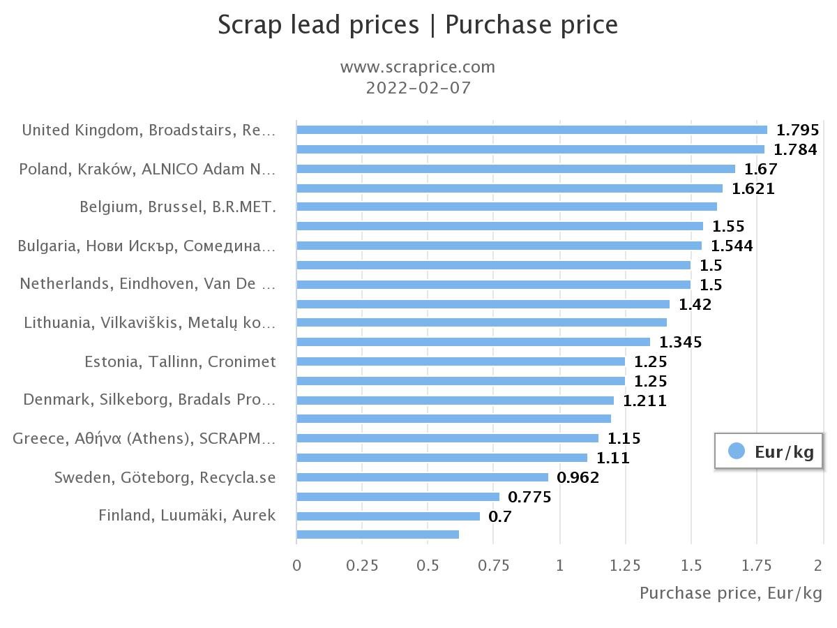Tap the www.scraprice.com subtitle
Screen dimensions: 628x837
tap(417, 67)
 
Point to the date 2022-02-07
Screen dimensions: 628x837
tap(418, 88)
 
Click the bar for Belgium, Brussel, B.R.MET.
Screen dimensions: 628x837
tap(506, 207)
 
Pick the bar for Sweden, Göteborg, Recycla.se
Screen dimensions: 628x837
tap(422, 477)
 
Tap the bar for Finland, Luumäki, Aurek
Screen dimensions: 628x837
tap(388, 516)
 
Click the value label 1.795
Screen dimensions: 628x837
tap(797, 130)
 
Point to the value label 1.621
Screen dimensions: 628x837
tap(753, 188)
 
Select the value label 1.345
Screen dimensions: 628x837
tap(680, 342)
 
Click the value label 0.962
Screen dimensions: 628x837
tap(578, 477)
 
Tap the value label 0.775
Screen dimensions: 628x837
tap(529, 497)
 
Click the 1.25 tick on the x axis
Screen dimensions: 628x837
tap(625, 565)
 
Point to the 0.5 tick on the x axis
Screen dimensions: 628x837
tap(428, 565)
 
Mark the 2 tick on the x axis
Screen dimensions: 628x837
tap(819, 565)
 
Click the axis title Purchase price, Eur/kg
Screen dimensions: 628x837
tap(730, 593)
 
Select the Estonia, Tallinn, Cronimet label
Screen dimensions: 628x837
tap(180, 361)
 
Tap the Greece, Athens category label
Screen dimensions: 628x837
tap(144, 438)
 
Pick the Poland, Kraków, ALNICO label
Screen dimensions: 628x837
tap(147, 169)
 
